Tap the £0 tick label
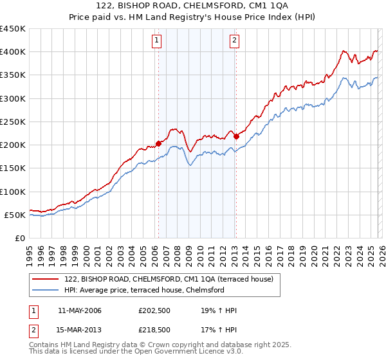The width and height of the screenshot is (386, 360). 20,238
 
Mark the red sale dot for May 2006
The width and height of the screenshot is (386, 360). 158,144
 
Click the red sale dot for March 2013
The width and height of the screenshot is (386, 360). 236,136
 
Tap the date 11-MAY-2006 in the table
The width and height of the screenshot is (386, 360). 79,310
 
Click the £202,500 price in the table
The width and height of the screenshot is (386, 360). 154,310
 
